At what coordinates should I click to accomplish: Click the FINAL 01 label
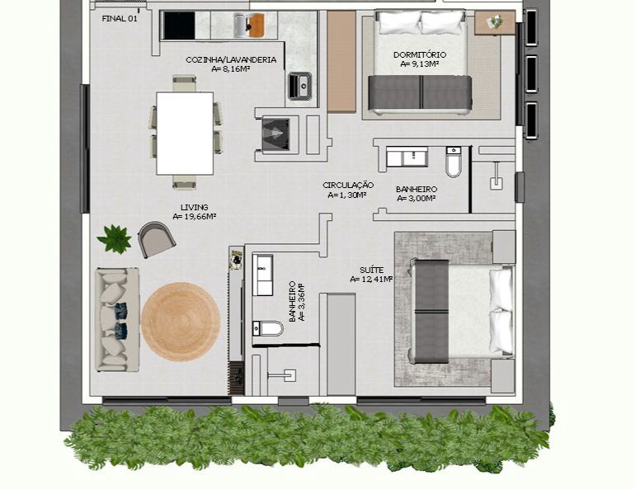[120, 18]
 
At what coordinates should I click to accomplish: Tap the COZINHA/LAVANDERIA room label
[219, 59]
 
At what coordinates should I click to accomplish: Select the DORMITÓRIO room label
[420, 55]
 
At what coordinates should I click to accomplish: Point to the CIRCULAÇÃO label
[348, 186]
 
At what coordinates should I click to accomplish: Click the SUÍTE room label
[371, 270]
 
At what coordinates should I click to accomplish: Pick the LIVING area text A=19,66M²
[195, 217]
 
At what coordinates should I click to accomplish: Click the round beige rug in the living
[181, 322]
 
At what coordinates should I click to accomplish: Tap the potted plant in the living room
[115, 239]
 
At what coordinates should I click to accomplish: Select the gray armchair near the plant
[157, 240]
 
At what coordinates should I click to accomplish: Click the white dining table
[185, 133]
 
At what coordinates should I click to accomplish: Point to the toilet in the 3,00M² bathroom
[454, 164]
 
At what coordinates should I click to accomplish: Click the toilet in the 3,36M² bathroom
[268, 328]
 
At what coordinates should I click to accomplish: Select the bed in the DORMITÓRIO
[420, 62]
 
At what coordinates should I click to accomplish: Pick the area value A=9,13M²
[420, 64]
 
